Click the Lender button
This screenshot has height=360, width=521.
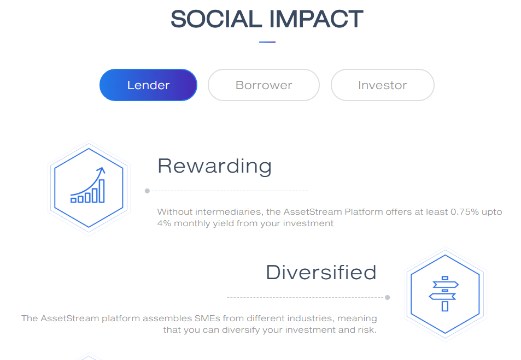pos(148,85)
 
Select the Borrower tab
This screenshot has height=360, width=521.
pos(264,85)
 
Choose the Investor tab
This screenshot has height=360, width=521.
pos(383,85)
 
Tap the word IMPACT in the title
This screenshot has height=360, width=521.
pos(316,19)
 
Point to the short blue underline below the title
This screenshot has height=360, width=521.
pos(267,42)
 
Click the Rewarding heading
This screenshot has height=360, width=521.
pos(215,166)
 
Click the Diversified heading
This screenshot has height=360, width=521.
pos(321,273)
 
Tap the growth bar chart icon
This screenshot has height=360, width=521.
pos(88,185)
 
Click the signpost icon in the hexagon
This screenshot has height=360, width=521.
pos(444,293)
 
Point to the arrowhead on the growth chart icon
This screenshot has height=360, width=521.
pos(101,170)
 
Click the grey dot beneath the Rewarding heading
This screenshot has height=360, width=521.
pos(147,191)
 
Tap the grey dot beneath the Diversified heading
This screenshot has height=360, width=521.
pos(388,298)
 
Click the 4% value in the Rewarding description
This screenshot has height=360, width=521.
pos(164,223)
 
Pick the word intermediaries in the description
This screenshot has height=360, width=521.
pos(228,212)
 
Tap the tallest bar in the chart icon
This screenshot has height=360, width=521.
pos(102,191)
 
